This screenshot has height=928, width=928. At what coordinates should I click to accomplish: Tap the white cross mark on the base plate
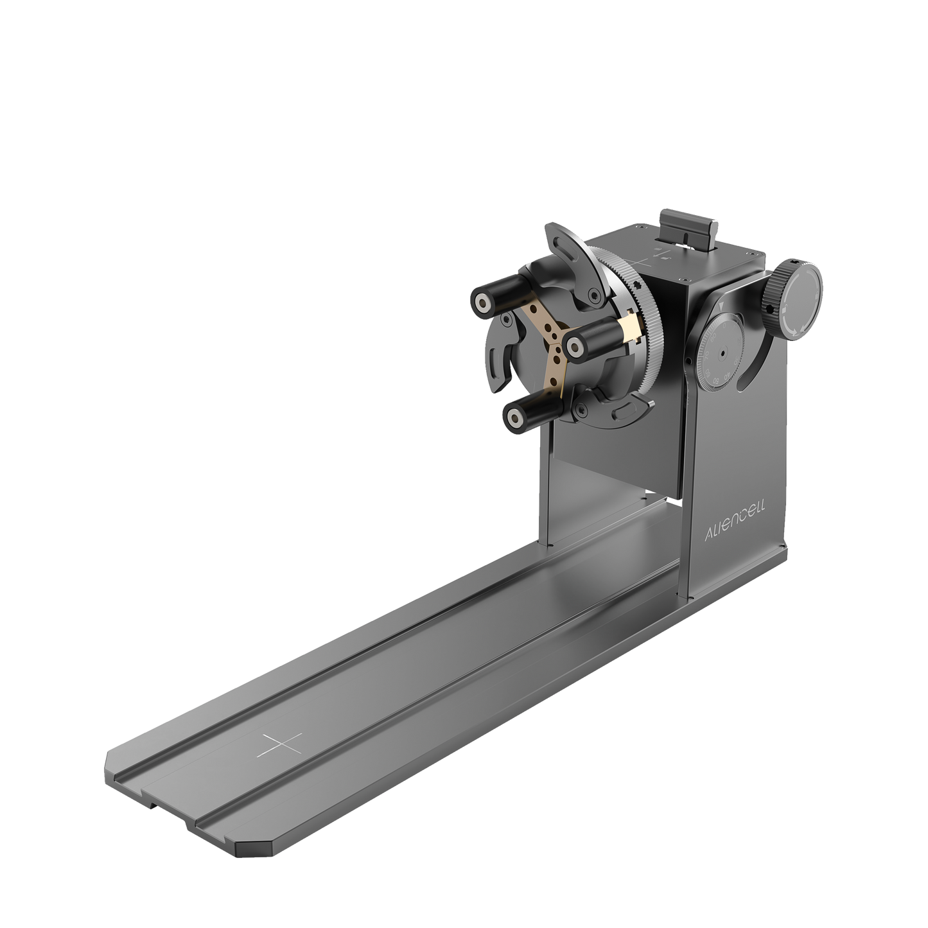pyautogui.click(x=281, y=745)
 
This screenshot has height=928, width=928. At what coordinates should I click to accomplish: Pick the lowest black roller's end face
pyautogui.click(x=512, y=417)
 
